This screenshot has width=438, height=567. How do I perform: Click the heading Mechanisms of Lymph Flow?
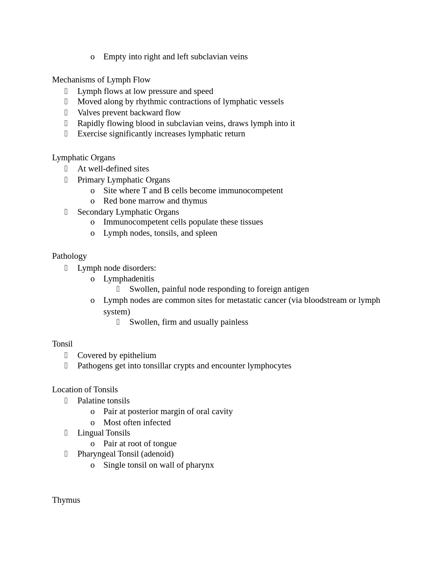[101, 80]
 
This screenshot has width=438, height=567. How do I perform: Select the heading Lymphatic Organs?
[84, 157]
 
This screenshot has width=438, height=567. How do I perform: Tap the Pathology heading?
[69, 256]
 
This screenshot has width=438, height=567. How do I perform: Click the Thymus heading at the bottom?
[66, 500]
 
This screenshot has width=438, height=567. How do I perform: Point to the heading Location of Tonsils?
[85, 389]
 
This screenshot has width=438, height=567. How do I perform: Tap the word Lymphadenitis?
[129, 279]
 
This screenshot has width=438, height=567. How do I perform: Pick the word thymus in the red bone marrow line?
[194, 201]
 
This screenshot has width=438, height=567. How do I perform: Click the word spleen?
[206, 233]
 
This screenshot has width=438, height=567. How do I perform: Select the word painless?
[234, 322]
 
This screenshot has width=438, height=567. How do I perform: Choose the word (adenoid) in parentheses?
[159, 454]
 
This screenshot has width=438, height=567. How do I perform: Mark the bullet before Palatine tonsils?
[66, 401]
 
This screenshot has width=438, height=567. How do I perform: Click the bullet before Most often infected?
[92, 422]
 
